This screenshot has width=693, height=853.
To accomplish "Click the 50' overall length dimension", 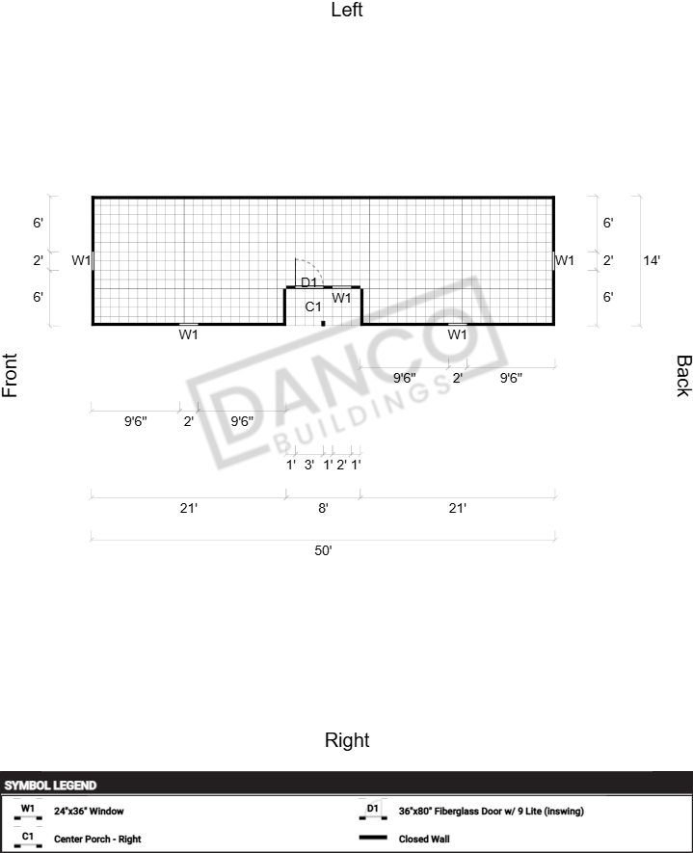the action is click(323, 550).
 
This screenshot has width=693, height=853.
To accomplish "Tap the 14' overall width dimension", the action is click(652, 260).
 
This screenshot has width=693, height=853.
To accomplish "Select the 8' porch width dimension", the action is click(323, 508).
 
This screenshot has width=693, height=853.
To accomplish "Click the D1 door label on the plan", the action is click(308, 282).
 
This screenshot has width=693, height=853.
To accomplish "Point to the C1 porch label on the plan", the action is click(313, 307).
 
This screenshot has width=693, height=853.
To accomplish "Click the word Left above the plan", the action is click(347, 10).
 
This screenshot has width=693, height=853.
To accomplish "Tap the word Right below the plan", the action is click(347, 740).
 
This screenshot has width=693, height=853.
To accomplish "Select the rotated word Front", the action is click(10, 375).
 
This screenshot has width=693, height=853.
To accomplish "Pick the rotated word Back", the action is click(683, 376).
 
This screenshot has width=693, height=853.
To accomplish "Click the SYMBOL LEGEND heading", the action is click(50, 786).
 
